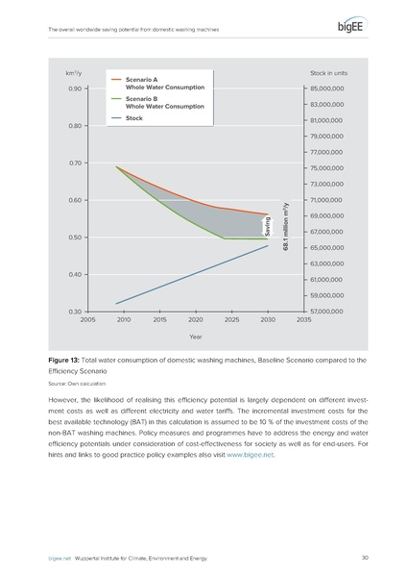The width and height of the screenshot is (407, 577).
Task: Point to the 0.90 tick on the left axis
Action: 74,88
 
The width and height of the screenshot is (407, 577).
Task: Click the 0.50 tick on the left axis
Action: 74,238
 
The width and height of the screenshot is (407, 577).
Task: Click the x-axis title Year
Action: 195,337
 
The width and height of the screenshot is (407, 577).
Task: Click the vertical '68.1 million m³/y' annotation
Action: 286,227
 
